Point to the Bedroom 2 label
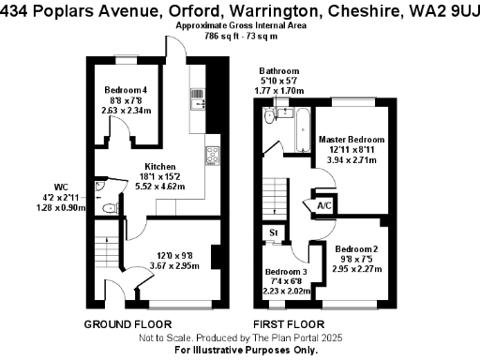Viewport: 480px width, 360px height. pos(356,248)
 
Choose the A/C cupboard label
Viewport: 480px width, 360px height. pos(324,205)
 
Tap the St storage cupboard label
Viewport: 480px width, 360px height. pos(274,232)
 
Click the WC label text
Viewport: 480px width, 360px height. pos(74,186)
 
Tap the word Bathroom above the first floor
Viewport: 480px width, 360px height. pos(279,71)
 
